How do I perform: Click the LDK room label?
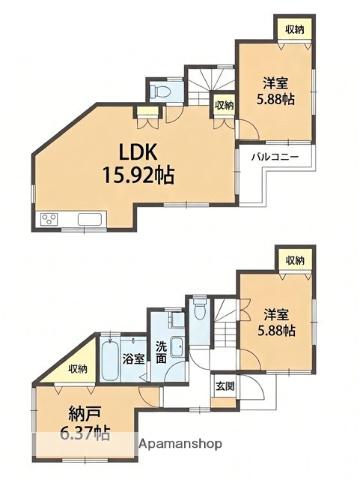pyautogui.click(x=138, y=153)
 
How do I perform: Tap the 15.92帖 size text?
pyautogui.click(x=138, y=175)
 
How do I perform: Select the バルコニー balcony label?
pyautogui.click(x=275, y=156)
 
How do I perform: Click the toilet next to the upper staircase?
pyautogui.click(x=159, y=91)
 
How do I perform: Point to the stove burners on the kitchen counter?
pyautogui.click(x=49, y=219)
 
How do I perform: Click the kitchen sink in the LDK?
pyautogui.click(x=90, y=219)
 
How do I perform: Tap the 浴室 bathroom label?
pyautogui.click(x=134, y=359)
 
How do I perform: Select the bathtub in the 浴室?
pyautogui.click(x=110, y=361)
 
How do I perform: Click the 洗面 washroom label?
pyautogui.click(x=162, y=352)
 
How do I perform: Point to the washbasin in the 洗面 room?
pyautogui.click(x=177, y=347)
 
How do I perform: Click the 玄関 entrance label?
pyautogui.click(x=225, y=386)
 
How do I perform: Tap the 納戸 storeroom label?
pyautogui.click(x=85, y=414)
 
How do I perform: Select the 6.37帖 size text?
pyautogui.click(x=85, y=433)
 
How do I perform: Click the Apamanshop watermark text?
pyautogui.click(x=180, y=444)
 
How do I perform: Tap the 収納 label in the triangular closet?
pyautogui.click(x=78, y=369)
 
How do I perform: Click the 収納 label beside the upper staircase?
pyautogui.click(x=224, y=106)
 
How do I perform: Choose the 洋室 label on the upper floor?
pyautogui.click(x=275, y=83)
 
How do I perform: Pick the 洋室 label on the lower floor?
pyautogui.click(x=276, y=314)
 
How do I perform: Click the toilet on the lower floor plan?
pyautogui.click(x=200, y=308)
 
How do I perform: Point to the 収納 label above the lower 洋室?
pyautogui.click(x=295, y=260)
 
